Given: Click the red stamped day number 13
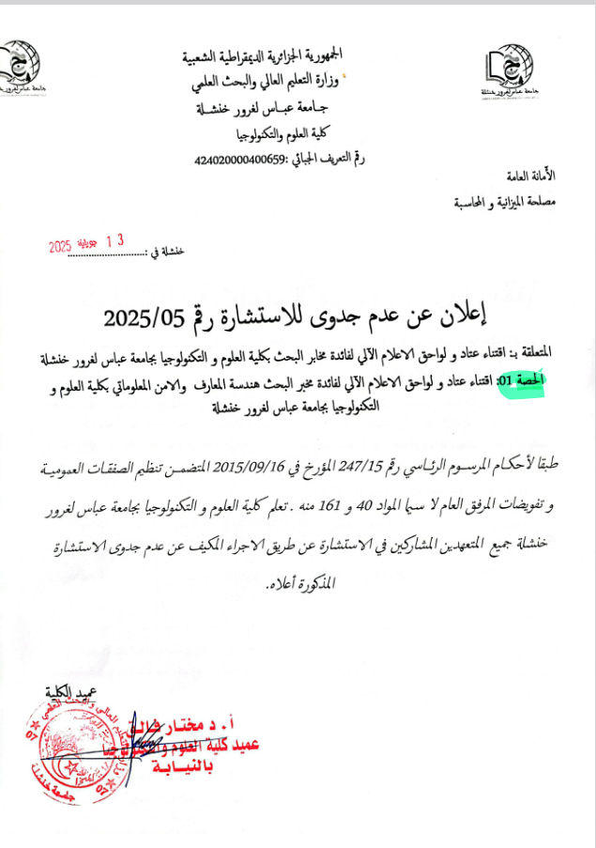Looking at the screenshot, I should click(x=115, y=241).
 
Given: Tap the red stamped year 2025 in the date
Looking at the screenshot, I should click(x=60, y=247).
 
